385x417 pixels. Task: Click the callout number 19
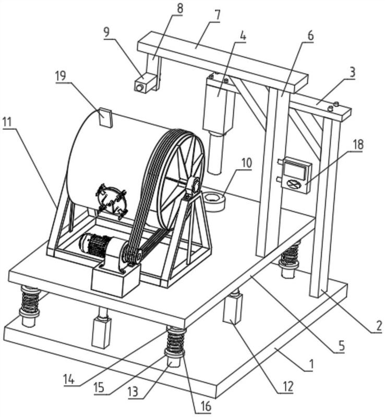(61, 76)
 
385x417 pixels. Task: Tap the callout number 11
(8, 122)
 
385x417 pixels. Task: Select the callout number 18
(358, 145)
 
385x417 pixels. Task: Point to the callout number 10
(247, 163)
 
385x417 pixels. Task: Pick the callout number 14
(69, 379)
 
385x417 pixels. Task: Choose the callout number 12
(288, 386)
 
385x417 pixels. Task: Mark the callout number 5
(341, 346)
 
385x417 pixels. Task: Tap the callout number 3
(352, 72)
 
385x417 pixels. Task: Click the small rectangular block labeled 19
(106, 117)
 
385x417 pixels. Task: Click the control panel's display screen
(295, 170)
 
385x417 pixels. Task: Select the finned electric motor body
(97, 244)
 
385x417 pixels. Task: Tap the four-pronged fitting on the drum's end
(111, 200)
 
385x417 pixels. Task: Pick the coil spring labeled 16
(175, 340)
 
